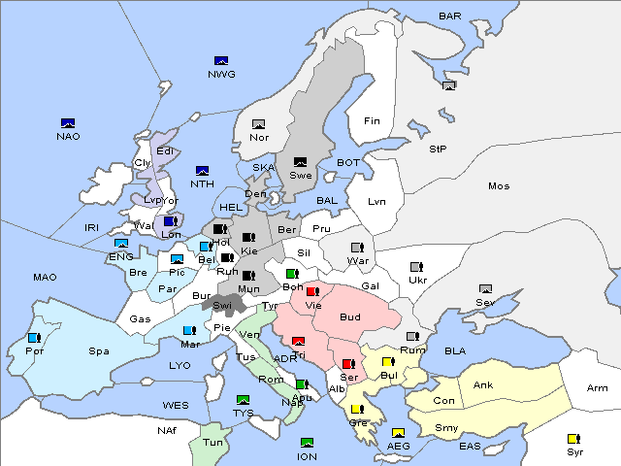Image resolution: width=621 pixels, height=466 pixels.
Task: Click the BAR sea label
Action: point(449,16)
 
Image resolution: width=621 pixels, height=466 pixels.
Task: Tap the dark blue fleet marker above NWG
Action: point(220,60)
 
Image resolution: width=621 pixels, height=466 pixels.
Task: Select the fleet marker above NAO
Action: point(68,123)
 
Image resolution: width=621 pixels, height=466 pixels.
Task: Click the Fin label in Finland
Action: point(371,121)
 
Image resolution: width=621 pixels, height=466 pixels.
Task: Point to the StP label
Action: point(438,150)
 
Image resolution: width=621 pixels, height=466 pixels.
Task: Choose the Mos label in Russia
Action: point(499,185)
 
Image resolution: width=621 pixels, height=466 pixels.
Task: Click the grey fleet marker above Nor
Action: point(258,124)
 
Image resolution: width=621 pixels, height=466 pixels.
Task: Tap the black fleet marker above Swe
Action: point(300,162)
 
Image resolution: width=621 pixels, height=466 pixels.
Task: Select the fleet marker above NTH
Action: point(203,171)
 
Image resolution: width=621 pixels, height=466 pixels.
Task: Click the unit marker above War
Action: point(357,247)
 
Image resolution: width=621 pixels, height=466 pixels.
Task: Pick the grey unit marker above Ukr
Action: point(416,267)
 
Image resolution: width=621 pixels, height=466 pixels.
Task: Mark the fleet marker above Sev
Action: point(485,289)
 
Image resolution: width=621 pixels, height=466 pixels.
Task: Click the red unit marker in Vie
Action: point(311,291)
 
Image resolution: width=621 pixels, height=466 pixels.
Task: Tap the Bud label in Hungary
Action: point(349,317)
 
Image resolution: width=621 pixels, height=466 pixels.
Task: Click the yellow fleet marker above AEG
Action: point(398,433)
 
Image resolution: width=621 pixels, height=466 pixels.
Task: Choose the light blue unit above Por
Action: point(34,338)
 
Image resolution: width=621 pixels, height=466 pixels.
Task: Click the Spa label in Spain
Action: point(99,350)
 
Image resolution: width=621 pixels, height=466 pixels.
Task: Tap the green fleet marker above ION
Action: point(308,443)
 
